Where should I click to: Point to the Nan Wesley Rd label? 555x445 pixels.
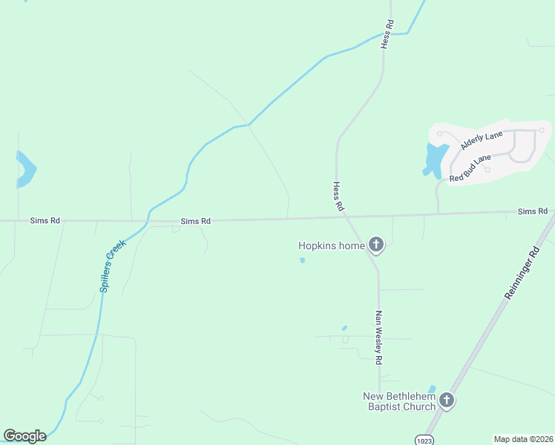click(378, 337)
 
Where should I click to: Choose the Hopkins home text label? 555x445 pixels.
click(332, 245)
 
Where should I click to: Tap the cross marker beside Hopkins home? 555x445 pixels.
click(376, 245)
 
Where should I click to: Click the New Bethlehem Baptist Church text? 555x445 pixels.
click(398, 401)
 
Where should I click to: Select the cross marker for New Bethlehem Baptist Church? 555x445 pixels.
click(446, 400)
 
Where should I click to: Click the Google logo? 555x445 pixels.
click(24, 436)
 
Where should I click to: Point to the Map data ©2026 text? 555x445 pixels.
click(524, 438)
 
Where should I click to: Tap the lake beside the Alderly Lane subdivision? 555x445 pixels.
click(433, 159)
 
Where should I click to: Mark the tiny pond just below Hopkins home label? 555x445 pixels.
click(301, 260)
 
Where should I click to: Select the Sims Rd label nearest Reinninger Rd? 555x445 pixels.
click(532, 212)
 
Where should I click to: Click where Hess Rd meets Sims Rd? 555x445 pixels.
click(344, 217)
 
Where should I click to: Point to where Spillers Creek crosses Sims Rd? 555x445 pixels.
click(148, 220)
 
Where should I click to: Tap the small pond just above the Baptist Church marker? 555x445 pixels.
click(433, 389)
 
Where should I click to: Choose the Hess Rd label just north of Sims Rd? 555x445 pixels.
click(338, 197)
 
